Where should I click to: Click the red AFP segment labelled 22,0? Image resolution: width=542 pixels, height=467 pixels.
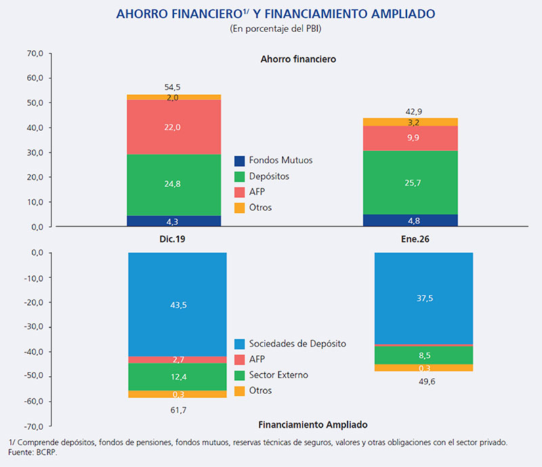(174, 127)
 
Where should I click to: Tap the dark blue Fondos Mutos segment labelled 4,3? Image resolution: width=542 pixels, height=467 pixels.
(174, 221)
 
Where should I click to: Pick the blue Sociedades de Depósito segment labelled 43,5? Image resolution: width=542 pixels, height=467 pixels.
(178, 304)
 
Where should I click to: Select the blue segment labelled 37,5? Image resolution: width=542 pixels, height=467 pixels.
(423, 298)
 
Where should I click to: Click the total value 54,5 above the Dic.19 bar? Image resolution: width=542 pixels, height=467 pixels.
(173, 87)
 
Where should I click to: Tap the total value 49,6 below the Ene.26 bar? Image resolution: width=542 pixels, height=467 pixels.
(423, 381)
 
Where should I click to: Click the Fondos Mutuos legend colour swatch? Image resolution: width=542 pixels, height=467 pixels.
(239, 161)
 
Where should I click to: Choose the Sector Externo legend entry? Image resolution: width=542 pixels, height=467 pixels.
(278, 375)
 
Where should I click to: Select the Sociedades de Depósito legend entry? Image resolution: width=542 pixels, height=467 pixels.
(297, 344)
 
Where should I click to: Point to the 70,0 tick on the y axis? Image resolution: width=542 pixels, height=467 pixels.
(34, 53)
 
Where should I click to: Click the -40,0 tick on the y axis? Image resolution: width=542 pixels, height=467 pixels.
(32, 352)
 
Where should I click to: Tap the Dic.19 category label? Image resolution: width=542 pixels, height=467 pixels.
(174, 239)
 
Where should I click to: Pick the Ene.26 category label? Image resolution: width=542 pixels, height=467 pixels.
(411, 239)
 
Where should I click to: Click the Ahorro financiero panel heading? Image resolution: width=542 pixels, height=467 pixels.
(298, 59)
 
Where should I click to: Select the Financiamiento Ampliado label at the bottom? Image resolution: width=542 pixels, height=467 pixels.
(313, 425)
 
